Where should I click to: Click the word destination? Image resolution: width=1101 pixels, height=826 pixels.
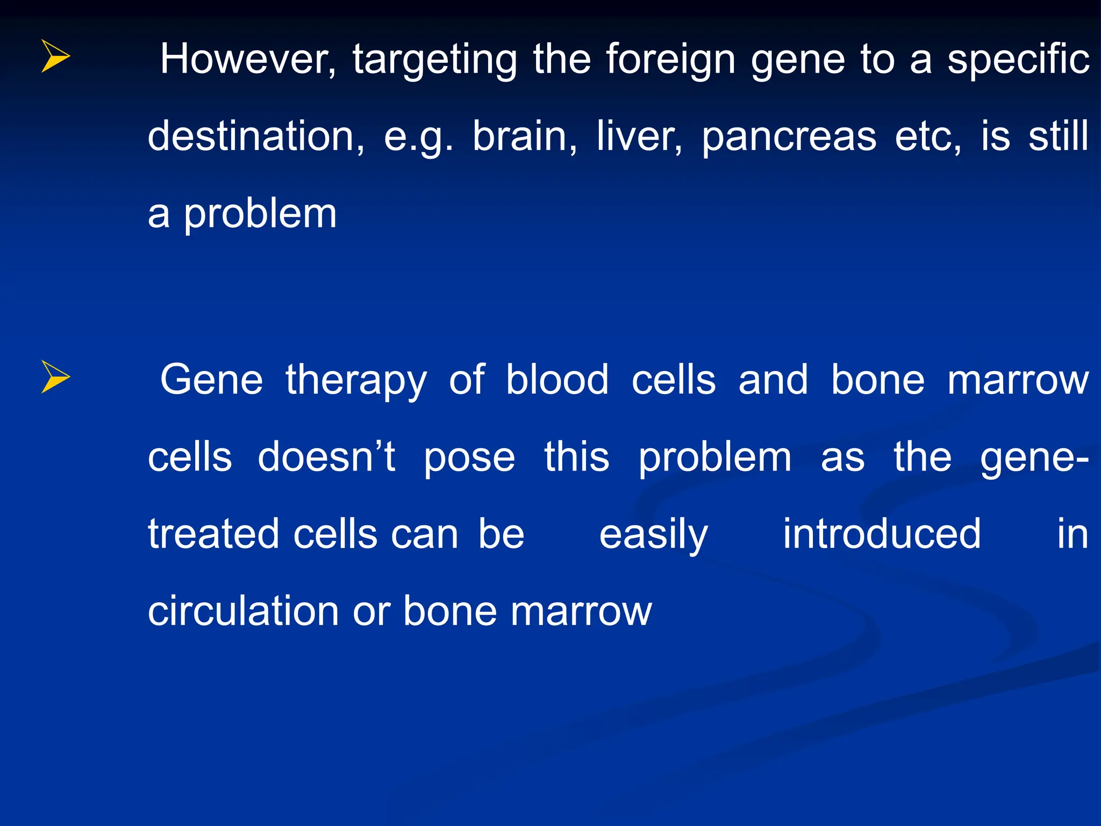coord(256,137)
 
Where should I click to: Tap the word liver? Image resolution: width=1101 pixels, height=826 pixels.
coord(639,137)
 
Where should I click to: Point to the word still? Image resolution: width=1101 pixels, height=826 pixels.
coord(1059,137)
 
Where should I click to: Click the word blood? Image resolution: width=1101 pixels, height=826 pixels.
coord(557,380)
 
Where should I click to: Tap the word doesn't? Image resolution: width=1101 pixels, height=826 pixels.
coord(326,457)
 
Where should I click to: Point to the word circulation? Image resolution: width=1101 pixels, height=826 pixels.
coord(243,611)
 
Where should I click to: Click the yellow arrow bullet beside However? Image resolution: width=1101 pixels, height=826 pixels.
coord(55,56)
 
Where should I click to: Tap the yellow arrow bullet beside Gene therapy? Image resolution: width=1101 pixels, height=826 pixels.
coord(55,376)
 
